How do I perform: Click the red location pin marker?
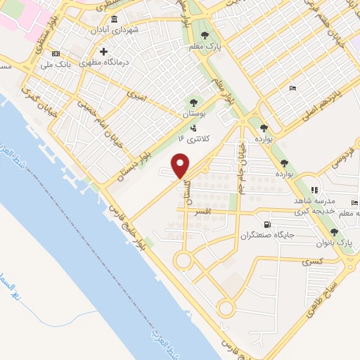(x=181, y=166)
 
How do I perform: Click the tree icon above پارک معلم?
(x=205, y=34)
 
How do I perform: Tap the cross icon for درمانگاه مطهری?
(x=103, y=51)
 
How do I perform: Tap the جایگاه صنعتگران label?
(x=264, y=235)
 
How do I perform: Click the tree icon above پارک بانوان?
(x=335, y=231)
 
